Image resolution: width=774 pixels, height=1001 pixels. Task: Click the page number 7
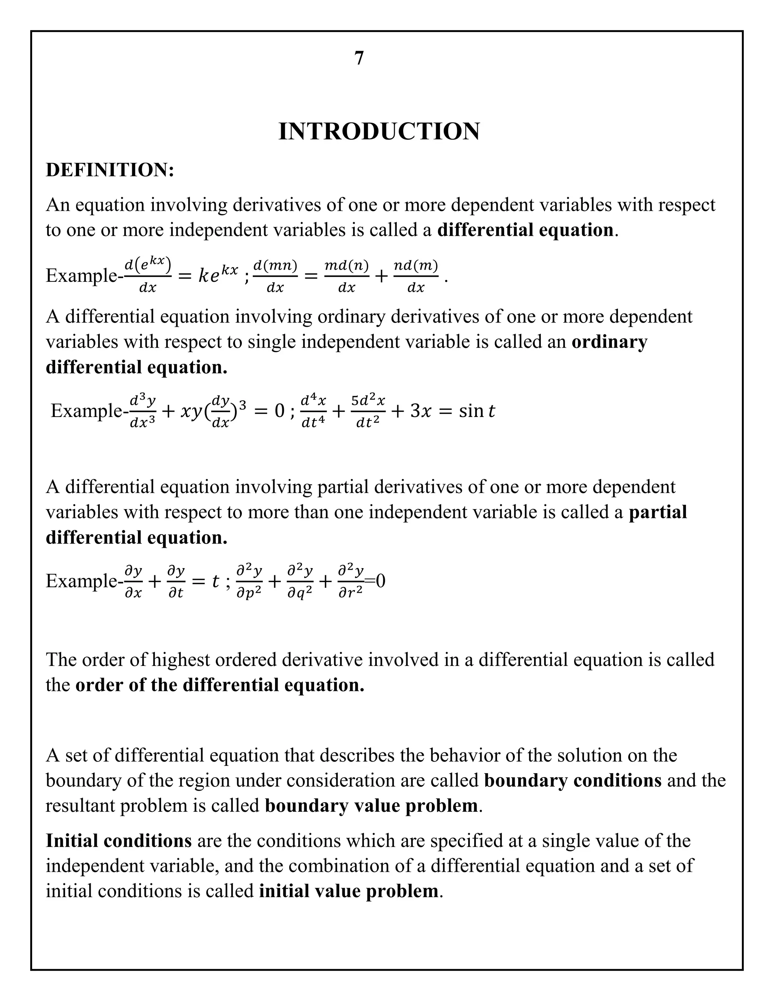pyautogui.click(x=359, y=58)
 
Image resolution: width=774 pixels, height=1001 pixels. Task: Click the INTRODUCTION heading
pyautogui.click(x=379, y=131)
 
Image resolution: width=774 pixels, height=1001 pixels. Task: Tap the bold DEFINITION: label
pyautogui.click(x=110, y=170)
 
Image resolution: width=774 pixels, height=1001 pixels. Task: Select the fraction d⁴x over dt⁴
pyautogui.click(x=313, y=411)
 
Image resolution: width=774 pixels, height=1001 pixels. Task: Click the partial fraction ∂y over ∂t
pyautogui.click(x=176, y=582)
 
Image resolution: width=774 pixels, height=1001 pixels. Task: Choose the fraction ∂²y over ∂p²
pyautogui.click(x=249, y=582)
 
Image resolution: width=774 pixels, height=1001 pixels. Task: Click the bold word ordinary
pyautogui.click(x=609, y=342)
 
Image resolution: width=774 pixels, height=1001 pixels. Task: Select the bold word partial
pyautogui.click(x=658, y=512)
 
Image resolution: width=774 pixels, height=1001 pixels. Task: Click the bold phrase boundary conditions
pyautogui.click(x=573, y=780)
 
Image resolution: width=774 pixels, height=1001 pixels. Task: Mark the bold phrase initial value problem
pyautogui.click(x=348, y=891)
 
